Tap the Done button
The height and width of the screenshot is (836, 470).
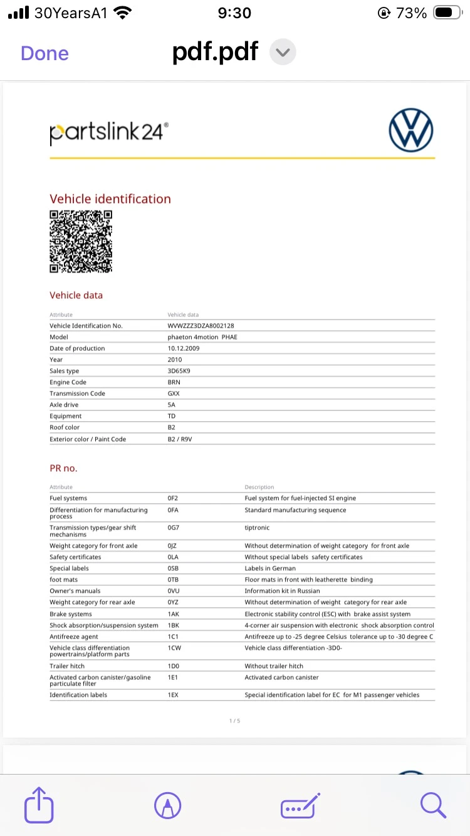[x=44, y=53]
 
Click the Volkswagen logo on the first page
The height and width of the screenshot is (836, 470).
[x=411, y=131]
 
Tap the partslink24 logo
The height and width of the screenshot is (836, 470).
[x=109, y=133]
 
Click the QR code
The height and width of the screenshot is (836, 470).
[x=81, y=241]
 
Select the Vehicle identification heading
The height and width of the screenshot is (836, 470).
[x=110, y=199]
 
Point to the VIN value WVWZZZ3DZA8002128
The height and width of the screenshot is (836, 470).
[x=201, y=326]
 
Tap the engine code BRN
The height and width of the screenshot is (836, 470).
[x=174, y=382]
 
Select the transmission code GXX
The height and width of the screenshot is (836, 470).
[x=174, y=394]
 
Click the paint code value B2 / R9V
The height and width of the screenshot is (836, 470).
[x=180, y=439]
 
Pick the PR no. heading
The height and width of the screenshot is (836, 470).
[x=63, y=468]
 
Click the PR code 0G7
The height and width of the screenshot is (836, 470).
[x=174, y=528]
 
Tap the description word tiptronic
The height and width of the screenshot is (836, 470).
[x=257, y=528]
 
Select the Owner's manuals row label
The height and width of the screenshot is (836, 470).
[x=75, y=591]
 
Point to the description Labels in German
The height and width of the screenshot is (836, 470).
[x=270, y=568]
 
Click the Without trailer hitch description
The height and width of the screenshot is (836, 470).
[x=274, y=666]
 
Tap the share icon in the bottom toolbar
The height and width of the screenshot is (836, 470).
[x=39, y=805]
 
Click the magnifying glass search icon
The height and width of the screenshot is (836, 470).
[x=433, y=805]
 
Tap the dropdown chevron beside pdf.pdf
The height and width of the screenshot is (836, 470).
[x=283, y=53]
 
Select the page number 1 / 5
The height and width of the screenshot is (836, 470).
[x=234, y=721]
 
